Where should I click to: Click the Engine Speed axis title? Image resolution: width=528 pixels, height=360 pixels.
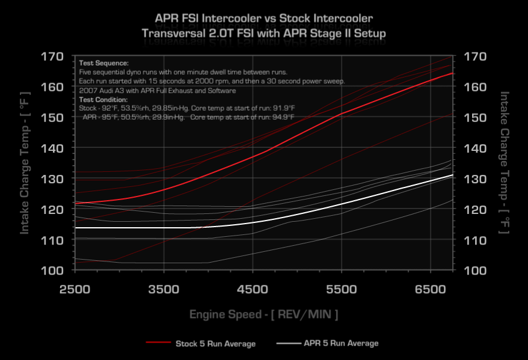click(x=264, y=314)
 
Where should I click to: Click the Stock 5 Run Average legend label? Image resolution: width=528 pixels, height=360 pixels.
click(x=215, y=344)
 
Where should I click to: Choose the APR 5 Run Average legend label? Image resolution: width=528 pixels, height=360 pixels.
click(x=342, y=343)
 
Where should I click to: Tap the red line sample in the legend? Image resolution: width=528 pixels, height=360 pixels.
click(x=158, y=343)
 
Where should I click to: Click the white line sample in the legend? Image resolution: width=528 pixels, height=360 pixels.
click(x=288, y=343)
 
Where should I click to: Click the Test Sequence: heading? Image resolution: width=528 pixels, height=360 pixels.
click(x=103, y=63)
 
